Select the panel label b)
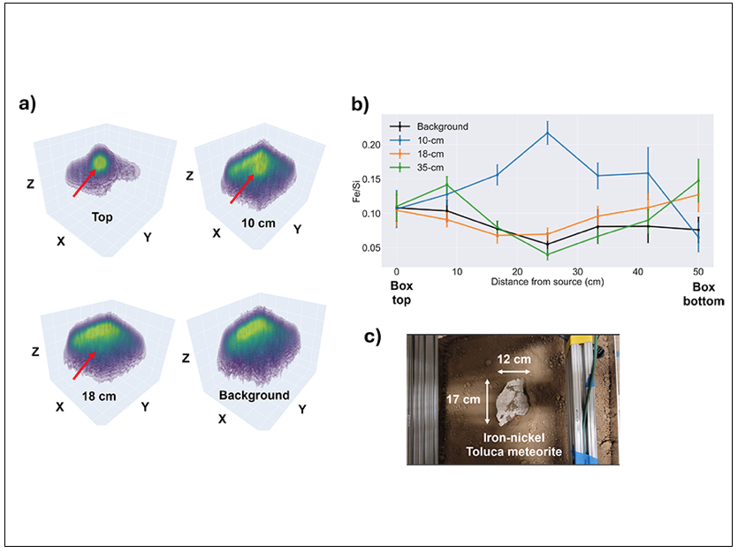pyautogui.click(x=361, y=103)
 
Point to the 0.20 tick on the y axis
pyautogui.click(x=374, y=145)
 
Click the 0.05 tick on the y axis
pyautogui.click(x=374, y=248)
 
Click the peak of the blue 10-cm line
pyautogui.click(x=547, y=133)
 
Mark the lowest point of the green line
pyautogui.click(x=547, y=254)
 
